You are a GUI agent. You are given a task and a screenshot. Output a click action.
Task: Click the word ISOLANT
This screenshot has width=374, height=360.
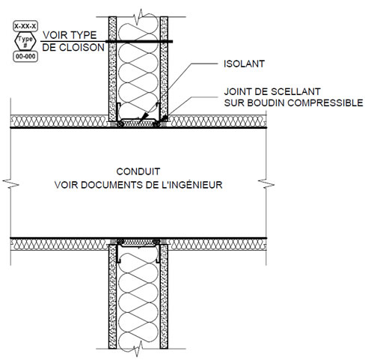pyautogui.click(x=244, y=64)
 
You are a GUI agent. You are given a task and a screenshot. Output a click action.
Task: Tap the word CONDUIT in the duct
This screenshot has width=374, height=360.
pyautogui.click(x=138, y=171)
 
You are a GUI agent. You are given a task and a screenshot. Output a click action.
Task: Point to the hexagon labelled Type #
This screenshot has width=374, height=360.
pyautogui.click(x=25, y=41)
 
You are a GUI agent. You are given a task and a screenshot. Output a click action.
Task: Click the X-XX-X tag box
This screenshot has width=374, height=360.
pyautogui.click(x=25, y=26)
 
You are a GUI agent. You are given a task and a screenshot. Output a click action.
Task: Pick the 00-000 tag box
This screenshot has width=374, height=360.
pyautogui.click(x=25, y=56)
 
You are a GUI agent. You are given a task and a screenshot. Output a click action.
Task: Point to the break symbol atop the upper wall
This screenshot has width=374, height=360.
pyautogui.click(x=138, y=16)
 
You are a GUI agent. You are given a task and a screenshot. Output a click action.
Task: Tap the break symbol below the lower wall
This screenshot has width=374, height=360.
pyautogui.click(x=138, y=349)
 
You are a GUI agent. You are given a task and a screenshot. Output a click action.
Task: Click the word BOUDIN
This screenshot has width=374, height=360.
pyautogui.click(x=266, y=103)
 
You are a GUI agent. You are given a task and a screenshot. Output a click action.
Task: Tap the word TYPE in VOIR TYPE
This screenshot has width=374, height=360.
pyautogui.click(x=83, y=35)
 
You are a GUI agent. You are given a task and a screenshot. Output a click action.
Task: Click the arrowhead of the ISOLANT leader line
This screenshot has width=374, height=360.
pyautogui.click(x=144, y=117)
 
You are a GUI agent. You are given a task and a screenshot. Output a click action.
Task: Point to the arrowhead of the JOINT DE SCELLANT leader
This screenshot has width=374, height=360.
pyautogui.click(x=164, y=118)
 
